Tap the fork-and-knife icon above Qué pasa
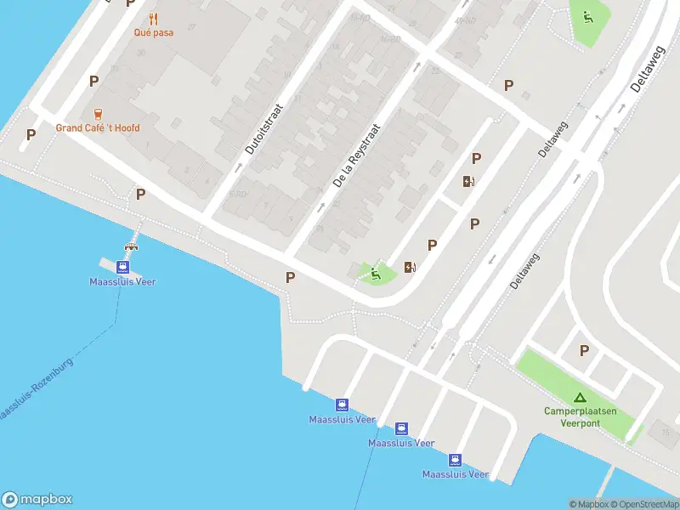tap(153, 18)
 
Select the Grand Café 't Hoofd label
tap(98, 128)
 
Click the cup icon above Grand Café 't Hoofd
tap(98, 114)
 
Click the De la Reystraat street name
tap(356, 156)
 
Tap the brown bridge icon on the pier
tap(131, 247)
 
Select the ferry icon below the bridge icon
tap(122, 266)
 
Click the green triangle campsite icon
tap(579, 397)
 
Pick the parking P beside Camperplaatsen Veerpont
tap(584, 350)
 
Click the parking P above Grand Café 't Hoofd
tap(93, 81)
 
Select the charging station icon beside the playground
tap(411, 267)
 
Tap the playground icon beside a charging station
tap(375, 273)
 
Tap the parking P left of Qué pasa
tap(130, 3)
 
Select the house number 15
tap(664, 433)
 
